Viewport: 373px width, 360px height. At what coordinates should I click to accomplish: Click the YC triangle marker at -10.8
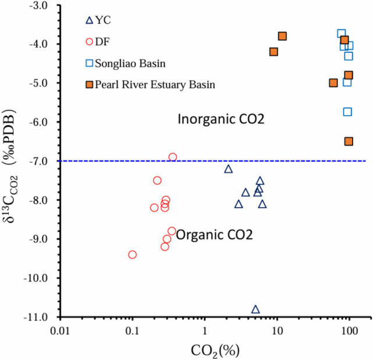255,309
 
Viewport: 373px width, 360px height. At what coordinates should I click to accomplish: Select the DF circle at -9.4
133,254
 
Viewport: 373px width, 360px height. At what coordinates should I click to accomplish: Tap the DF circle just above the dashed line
172,157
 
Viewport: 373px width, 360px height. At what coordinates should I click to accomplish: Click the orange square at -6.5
349,141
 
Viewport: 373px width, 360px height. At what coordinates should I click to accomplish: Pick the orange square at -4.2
273,52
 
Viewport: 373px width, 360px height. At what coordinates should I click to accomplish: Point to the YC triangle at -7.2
228,169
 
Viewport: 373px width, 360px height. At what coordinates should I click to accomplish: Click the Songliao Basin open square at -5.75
347,112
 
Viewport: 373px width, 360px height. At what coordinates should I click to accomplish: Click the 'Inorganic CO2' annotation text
221,120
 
